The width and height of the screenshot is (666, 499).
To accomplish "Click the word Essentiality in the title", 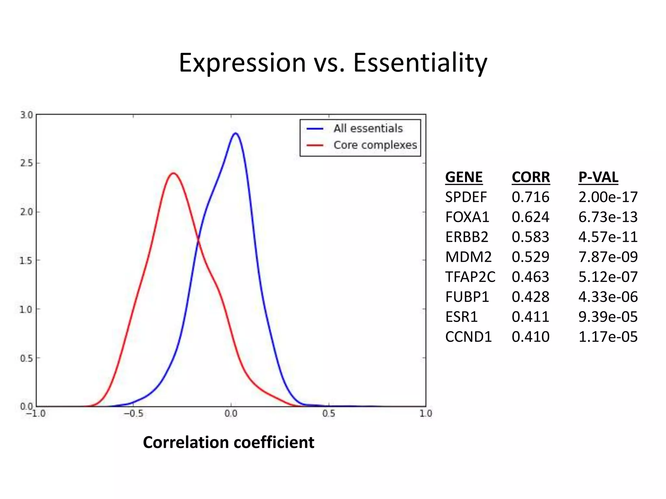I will click(420, 63).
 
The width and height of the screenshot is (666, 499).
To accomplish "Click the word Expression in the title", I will click(242, 63).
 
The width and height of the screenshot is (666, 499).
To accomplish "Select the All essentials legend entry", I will click(368, 129).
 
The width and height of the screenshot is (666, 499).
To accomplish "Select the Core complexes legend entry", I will click(375, 145).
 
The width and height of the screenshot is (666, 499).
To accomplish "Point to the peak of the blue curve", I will click(235, 133).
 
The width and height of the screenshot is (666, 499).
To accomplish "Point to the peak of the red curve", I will click(174, 173).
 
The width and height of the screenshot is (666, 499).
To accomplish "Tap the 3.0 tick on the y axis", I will click(27, 115).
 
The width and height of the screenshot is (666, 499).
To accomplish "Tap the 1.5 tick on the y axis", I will click(27, 261).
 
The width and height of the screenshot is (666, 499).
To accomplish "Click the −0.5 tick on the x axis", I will click(133, 414).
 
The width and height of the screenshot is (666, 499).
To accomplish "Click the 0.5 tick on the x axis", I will click(328, 414).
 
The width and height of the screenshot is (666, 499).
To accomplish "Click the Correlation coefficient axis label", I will click(229, 442).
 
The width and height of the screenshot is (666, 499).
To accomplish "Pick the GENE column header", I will click(464, 177).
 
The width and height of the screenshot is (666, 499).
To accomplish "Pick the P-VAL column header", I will click(598, 177).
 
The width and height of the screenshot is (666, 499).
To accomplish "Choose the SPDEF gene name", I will click(466, 197).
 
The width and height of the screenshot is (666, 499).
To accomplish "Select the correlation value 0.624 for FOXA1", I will click(530, 217).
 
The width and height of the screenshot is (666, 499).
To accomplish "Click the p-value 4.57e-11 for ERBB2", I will click(608, 237).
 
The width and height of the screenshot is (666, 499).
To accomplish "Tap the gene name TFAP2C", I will click(470, 277).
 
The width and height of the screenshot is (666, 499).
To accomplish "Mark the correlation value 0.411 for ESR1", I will click(530, 317).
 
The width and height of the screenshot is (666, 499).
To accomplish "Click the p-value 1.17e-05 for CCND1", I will click(608, 337).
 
